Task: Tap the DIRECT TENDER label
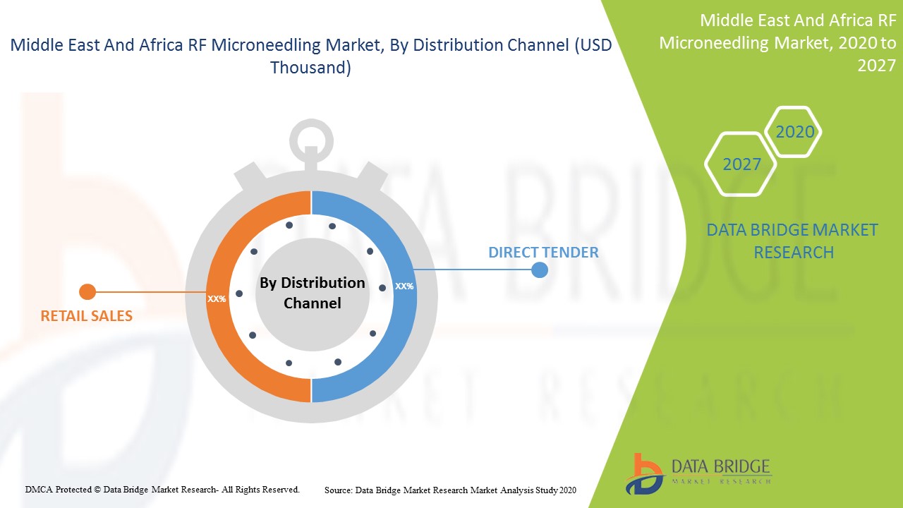(543, 253)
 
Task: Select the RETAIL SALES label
(86, 315)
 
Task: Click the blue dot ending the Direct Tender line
(540, 270)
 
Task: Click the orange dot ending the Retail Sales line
(87, 292)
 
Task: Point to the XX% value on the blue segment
(404, 286)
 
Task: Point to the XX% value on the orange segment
(217, 298)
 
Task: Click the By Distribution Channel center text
(313, 293)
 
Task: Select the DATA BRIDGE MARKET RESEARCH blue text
(792, 241)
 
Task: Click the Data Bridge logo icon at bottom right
(644, 474)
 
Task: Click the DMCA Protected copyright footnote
(162, 490)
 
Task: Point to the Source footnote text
(450, 490)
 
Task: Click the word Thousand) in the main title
(310, 67)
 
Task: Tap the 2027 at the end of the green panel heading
(876, 66)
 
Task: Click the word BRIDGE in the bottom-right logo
(746, 466)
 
